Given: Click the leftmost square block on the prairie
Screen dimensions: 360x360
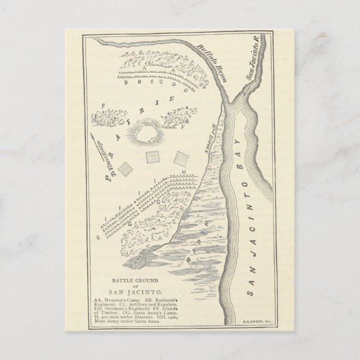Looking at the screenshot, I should [127, 168].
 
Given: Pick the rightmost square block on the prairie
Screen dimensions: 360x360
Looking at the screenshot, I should [180, 157].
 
